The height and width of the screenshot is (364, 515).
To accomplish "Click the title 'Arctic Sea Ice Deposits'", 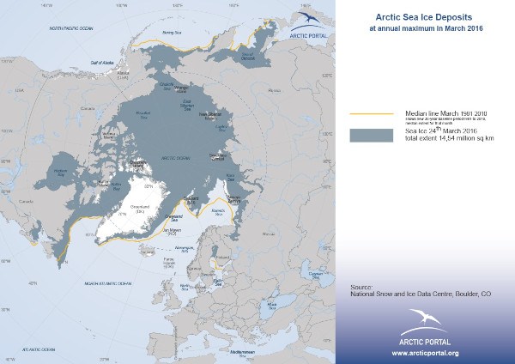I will coord(409,15).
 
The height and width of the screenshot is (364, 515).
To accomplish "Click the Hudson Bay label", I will coord(59,171).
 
